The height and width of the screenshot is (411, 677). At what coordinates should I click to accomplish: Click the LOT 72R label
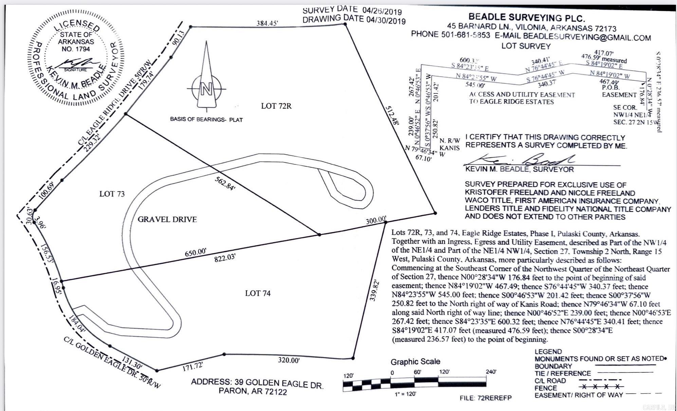(x=276, y=106)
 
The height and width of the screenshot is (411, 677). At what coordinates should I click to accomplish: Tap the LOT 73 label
(x=112, y=194)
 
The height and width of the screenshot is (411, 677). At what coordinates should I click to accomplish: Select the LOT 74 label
(x=258, y=293)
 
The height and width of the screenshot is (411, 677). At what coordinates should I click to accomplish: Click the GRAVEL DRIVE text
(x=167, y=219)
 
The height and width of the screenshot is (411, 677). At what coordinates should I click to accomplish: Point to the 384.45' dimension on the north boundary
(x=267, y=23)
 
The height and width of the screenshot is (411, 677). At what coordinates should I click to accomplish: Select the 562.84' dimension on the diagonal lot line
(x=225, y=183)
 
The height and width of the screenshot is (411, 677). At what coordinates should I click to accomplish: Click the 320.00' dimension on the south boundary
(x=289, y=360)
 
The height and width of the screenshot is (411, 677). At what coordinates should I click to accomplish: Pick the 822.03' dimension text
(x=225, y=258)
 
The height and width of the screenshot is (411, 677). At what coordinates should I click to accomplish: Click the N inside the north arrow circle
(x=206, y=89)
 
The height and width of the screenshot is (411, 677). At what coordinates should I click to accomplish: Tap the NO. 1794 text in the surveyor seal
(x=76, y=49)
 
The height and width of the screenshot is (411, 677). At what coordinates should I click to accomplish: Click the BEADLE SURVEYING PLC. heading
(x=527, y=18)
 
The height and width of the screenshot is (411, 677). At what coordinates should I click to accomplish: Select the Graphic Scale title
(x=415, y=362)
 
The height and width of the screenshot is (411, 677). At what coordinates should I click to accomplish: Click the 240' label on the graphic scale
(x=491, y=372)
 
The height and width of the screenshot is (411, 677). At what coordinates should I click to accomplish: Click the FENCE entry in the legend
(x=546, y=388)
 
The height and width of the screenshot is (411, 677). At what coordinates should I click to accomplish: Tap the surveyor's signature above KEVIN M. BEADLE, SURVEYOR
(x=523, y=160)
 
